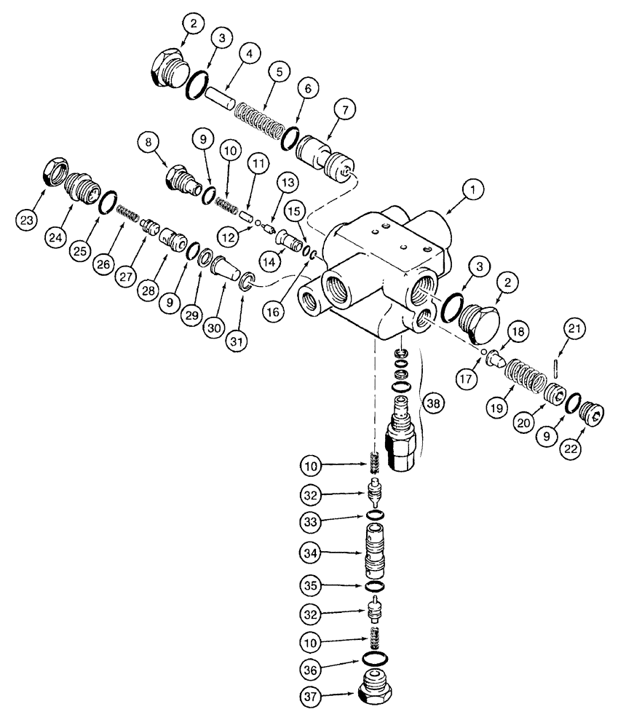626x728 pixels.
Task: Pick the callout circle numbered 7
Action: [x=344, y=111]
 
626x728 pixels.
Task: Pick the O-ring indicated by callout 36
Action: [x=375, y=661]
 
